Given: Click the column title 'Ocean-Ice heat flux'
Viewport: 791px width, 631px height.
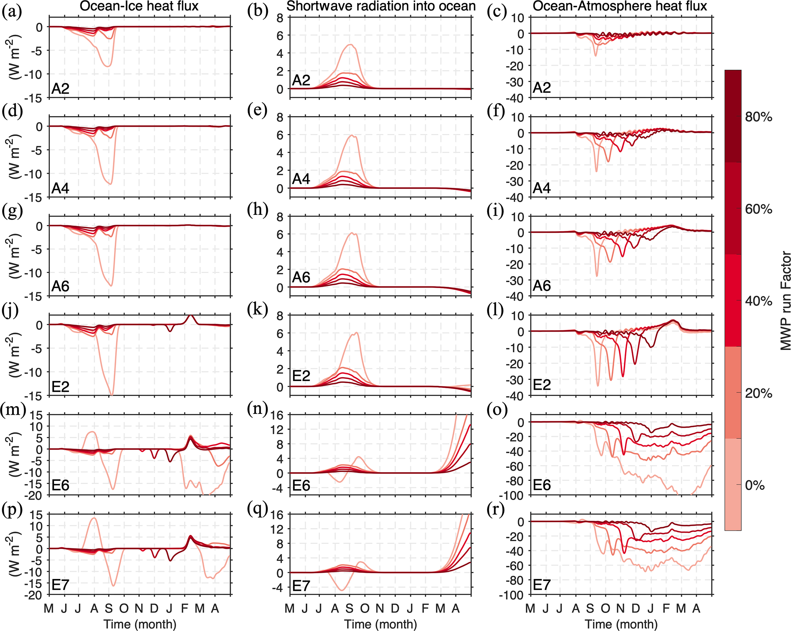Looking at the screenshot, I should [139, 6].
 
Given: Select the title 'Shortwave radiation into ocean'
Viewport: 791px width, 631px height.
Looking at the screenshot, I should [380, 6].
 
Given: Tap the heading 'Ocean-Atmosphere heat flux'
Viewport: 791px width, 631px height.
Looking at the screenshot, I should [620, 6].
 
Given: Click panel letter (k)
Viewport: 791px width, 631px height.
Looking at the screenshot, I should [257, 310].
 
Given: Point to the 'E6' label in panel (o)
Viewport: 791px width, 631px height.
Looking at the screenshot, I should [541, 485].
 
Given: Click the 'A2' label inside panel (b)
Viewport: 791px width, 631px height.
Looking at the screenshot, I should [301, 80].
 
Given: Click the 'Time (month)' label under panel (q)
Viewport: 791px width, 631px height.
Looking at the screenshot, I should [380, 624].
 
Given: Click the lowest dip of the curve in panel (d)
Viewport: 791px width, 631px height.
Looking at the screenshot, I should [111, 184].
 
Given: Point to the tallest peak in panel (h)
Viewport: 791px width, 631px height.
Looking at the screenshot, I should [352, 233].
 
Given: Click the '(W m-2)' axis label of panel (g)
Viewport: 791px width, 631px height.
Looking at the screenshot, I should [15, 257].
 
